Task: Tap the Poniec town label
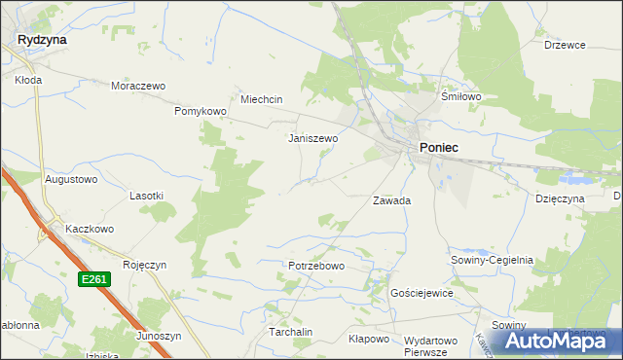click(439, 147)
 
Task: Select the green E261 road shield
click(93, 279)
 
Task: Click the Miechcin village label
click(261, 99)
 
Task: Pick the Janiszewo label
click(312, 138)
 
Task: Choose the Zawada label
click(391, 200)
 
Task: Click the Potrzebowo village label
click(316, 266)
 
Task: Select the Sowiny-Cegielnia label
click(492, 260)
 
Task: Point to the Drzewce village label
click(565, 45)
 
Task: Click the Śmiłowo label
click(461, 97)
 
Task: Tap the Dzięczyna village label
click(559, 198)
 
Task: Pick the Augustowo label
click(71, 180)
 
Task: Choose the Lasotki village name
click(146, 196)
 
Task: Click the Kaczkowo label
click(90, 229)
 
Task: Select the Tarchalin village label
click(290, 332)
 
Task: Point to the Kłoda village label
click(27, 81)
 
